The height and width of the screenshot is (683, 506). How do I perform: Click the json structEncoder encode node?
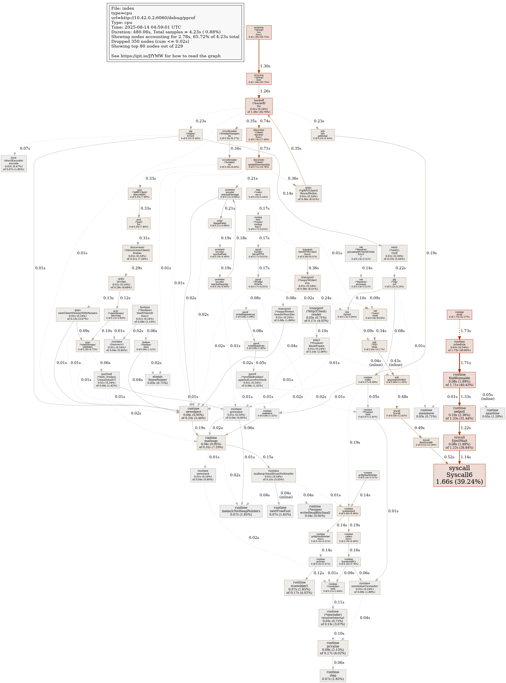pyautogui.click(x=13, y=163)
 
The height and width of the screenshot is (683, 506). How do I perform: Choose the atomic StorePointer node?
pyautogui.click(x=158, y=380)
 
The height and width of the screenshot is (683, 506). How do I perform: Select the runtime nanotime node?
pyautogui.click(x=492, y=413)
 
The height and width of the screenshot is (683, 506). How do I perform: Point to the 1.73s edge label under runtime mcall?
pyautogui.click(x=466, y=331)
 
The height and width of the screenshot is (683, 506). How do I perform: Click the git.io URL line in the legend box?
pyautogui.click(x=166, y=56)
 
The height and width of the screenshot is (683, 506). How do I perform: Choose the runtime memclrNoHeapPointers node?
pyautogui.click(x=241, y=511)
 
